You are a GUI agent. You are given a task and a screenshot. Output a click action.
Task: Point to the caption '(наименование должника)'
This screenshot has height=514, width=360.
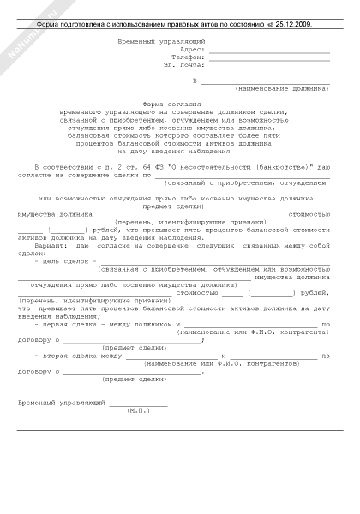(x=276, y=88)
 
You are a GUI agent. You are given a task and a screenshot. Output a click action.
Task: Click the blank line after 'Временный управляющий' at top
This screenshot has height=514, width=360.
(x=268, y=42)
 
